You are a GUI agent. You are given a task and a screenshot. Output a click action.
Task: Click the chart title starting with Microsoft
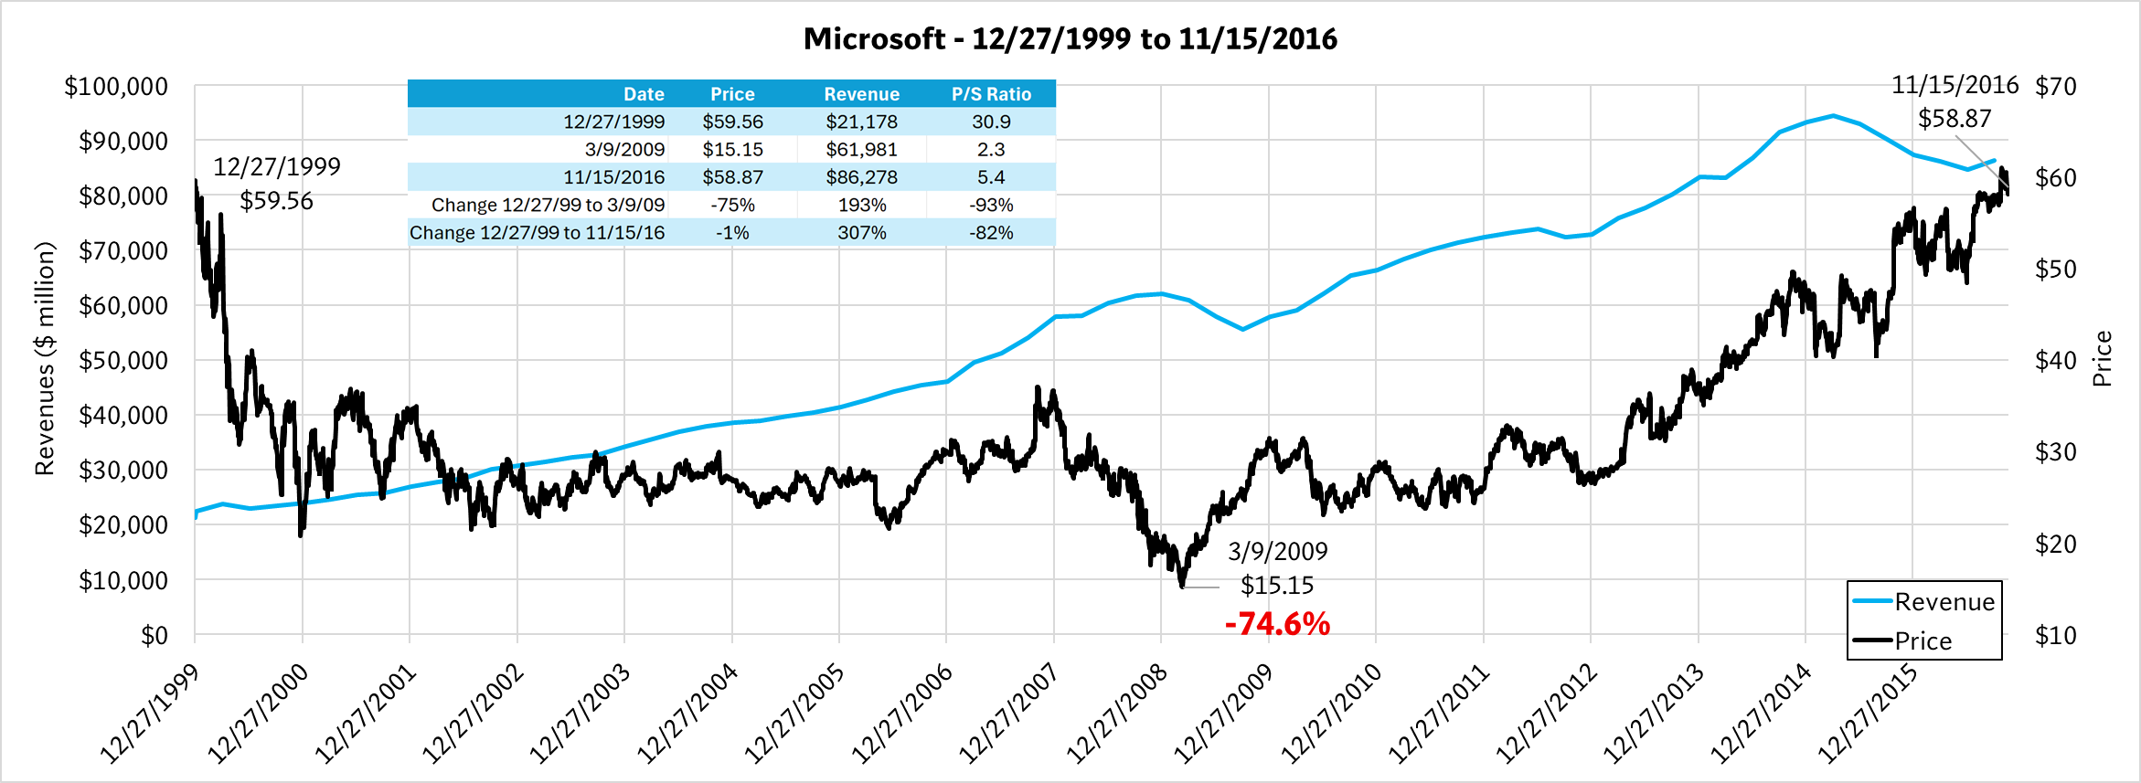(1070, 38)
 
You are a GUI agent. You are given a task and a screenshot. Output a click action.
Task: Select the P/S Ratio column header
(991, 94)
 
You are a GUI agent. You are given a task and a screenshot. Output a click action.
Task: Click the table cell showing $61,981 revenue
(861, 149)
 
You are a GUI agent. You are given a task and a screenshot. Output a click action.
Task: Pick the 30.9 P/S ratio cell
(991, 122)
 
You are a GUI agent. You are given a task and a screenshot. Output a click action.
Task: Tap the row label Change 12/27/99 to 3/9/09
(548, 205)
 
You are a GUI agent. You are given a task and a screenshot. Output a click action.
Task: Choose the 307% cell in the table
(861, 232)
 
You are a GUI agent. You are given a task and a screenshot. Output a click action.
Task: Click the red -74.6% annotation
(1277, 624)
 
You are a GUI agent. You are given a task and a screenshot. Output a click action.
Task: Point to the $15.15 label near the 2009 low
(1276, 585)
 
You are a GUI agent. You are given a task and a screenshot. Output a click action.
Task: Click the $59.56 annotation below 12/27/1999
(276, 200)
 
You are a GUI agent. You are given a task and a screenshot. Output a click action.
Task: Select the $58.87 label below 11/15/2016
(1954, 118)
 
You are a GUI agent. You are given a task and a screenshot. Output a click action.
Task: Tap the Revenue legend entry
(1944, 601)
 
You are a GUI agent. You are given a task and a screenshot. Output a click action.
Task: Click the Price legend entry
(1923, 640)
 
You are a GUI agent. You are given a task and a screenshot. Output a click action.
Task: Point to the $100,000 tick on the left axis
(116, 86)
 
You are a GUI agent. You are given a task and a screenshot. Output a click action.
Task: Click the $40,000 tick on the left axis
(122, 415)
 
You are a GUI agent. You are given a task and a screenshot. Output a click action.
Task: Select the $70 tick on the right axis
(2055, 86)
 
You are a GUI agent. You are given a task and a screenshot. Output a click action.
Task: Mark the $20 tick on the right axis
(2055, 544)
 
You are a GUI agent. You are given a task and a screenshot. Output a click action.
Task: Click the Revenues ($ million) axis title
(44, 358)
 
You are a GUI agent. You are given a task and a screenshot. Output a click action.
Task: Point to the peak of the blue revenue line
(1833, 115)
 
